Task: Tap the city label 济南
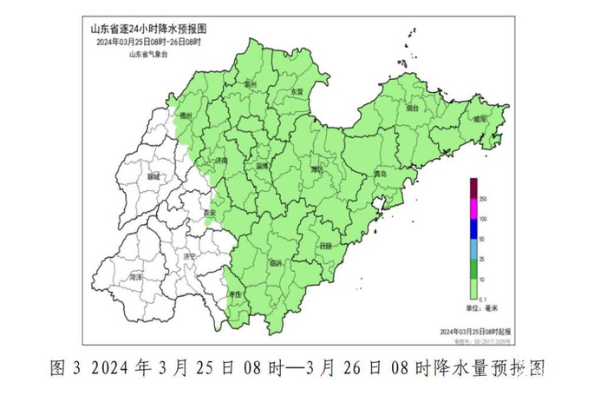tap(222, 161)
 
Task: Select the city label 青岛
tap(379, 175)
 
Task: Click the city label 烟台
tap(413, 109)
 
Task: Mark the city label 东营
tap(297, 91)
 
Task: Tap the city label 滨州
tap(251, 85)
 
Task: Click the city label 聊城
tap(153, 176)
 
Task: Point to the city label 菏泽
tap(135, 276)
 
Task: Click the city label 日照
tap(325, 246)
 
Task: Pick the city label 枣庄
tap(234, 296)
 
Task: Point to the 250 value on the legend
tap(483, 199)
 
